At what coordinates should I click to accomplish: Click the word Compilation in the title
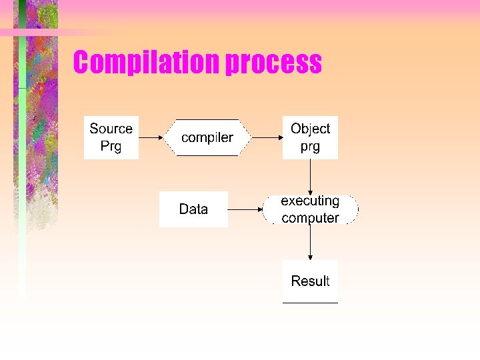click(146, 63)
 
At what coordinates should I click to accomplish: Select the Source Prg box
click(111, 137)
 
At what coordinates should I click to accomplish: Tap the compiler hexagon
click(207, 138)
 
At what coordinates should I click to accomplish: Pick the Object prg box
click(310, 137)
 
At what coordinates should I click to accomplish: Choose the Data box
click(193, 209)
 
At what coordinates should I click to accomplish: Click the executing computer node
click(310, 209)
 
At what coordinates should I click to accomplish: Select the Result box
click(310, 281)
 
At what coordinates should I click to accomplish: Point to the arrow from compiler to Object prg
click(267, 138)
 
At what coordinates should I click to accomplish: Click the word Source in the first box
click(111, 129)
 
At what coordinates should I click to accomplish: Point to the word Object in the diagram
click(310, 129)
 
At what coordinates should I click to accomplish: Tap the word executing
click(310, 201)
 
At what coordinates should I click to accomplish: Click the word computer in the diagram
click(310, 218)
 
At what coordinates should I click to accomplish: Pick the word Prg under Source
click(111, 146)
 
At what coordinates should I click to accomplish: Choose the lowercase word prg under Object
click(310, 147)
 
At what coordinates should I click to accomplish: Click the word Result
click(310, 281)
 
